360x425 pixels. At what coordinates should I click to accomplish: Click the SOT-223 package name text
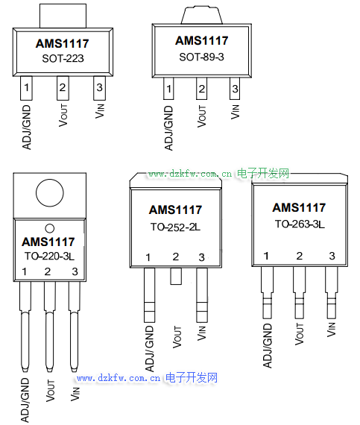point(63,59)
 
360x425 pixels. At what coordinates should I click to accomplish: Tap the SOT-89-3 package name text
point(201,57)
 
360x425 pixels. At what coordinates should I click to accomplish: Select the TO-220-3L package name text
point(50,256)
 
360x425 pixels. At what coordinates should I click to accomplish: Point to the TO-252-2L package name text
point(176,227)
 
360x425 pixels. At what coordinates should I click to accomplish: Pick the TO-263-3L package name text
point(300,224)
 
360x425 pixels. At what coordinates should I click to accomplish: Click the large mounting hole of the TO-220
point(50,193)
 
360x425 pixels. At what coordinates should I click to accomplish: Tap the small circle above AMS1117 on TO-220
point(50,228)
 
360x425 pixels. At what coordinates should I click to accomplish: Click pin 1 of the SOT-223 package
point(26,88)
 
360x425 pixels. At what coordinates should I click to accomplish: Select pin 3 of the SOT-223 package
point(99,88)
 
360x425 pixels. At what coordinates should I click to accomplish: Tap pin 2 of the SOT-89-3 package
point(201,89)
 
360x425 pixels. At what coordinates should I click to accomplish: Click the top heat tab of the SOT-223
point(63,16)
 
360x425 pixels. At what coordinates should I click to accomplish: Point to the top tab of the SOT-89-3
point(202,16)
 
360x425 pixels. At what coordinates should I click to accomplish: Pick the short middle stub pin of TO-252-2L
point(176,276)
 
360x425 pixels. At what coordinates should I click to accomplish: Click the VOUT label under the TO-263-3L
point(300,334)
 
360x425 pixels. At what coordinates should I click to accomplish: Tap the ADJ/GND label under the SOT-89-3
point(168,128)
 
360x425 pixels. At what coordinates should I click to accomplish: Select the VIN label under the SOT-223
point(99,111)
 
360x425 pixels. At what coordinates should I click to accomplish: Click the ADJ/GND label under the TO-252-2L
point(149,348)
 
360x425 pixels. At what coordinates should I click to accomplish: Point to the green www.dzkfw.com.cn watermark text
point(190,174)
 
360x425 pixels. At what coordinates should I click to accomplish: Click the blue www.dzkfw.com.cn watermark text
point(119,378)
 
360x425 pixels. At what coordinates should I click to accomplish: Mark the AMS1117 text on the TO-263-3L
point(299,207)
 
